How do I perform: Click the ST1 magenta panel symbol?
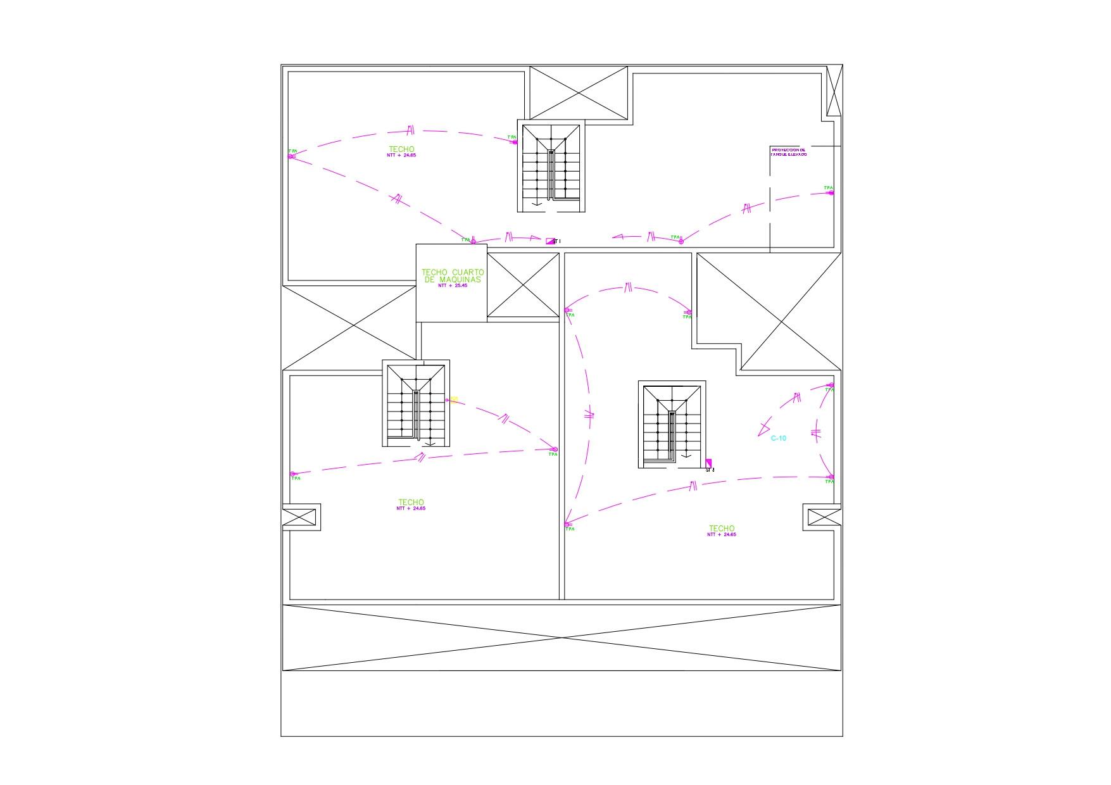(549, 241)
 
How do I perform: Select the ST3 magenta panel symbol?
(708, 463)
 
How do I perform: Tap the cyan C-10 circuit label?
(778, 438)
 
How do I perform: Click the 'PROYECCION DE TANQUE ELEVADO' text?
(788, 152)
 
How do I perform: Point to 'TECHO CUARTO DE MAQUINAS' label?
(452, 275)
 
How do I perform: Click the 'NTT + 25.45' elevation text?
(452, 286)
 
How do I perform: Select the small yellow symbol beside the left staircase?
(454, 400)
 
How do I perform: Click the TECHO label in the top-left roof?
(401, 149)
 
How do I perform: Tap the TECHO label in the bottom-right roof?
(722, 529)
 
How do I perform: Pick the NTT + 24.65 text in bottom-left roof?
(411, 508)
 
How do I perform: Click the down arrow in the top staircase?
(537, 203)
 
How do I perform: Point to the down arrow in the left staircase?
(430, 442)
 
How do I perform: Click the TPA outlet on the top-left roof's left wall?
(291, 156)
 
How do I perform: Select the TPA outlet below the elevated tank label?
(831, 192)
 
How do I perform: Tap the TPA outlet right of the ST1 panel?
(681, 241)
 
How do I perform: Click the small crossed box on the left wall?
(299, 517)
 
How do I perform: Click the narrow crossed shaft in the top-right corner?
(835, 91)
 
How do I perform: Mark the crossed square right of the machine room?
(523, 285)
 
